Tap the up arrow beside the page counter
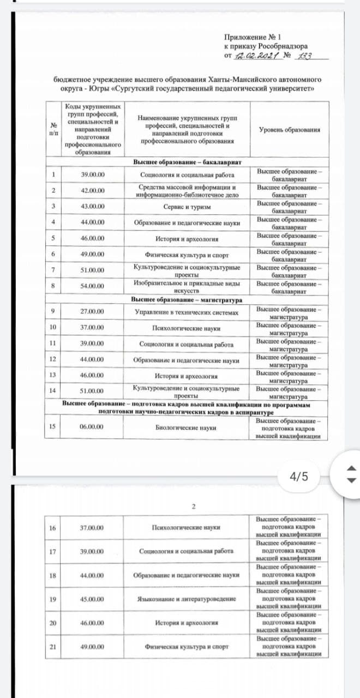click(x=352, y=468)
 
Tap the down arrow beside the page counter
click(x=352, y=480)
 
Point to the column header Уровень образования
click(x=289, y=129)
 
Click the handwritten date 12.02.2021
click(x=255, y=56)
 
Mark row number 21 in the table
click(x=53, y=647)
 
